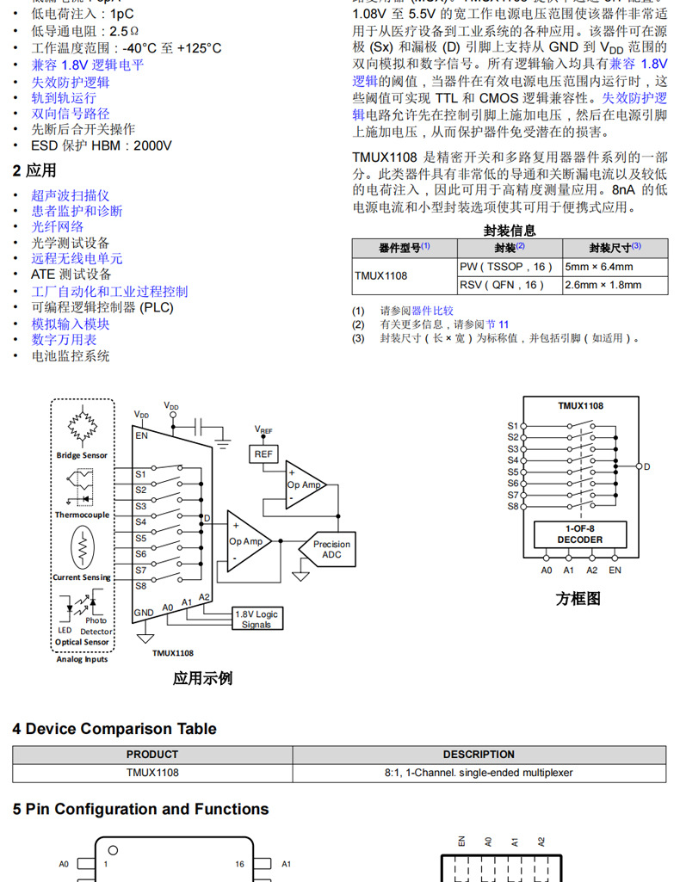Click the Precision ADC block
[x=332, y=549]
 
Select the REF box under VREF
[x=263, y=453]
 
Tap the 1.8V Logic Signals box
[x=257, y=619]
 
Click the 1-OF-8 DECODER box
[x=580, y=534]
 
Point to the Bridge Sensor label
[x=83, y=455]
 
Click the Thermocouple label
[x=83, y=515]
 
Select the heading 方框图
[x=578, y=599]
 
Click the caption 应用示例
[x=202, y=678]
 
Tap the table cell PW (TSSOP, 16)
[x=509, y=267]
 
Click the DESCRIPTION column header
[x=479, y=755]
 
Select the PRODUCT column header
[x=152, y=755]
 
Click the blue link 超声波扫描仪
[x=71, y=195]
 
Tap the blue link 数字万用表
[x=65, y=340]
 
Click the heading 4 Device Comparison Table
[x=114, y=729]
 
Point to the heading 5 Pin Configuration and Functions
[x=140, y=809]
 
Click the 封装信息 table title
[x=510, y=230]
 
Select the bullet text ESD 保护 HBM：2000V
[x=102, y=145]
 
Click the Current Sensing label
[x=83, y=577]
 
